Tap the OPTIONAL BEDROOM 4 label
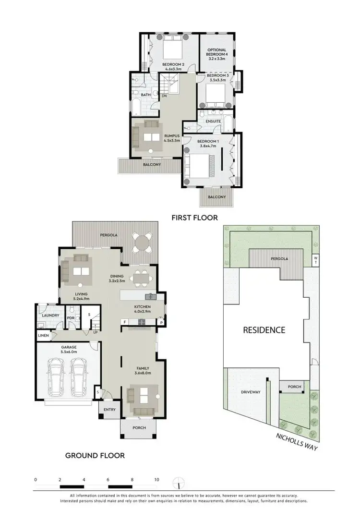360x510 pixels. [216, 52]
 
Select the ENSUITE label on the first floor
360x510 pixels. [213, 121]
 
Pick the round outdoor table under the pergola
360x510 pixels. [142, 243]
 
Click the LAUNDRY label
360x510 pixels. [50, 315]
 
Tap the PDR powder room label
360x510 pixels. [70, 317]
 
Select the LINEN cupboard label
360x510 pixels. [43, 335]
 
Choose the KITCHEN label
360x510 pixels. [143, 306]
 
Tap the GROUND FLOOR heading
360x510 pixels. [95, 455]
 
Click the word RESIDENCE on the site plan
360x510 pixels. [264, 330]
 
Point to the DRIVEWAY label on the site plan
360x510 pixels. [250, 392]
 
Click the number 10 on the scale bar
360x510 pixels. [156, 479]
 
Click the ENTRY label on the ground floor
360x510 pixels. [109, 409]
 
